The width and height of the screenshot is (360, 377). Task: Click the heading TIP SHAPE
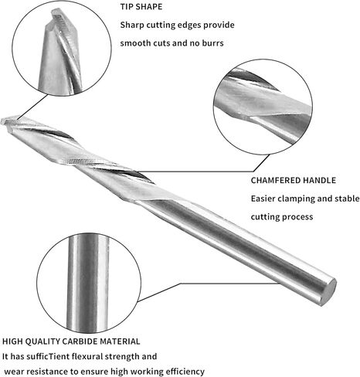[141, 7]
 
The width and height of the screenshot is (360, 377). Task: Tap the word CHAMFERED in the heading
[275, 180]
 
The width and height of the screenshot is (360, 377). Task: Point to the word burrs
[212, 43]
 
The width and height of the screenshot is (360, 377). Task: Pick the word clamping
[297, 199]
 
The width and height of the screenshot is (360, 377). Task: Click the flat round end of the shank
[329, 292]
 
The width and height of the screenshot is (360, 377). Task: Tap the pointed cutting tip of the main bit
[3, 121]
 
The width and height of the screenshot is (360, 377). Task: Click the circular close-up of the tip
[62, 48]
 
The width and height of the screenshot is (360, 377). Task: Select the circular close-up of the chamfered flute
[263, 107]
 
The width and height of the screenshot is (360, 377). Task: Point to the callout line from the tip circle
[32, 107]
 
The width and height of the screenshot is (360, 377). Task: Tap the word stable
[347, 199]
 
